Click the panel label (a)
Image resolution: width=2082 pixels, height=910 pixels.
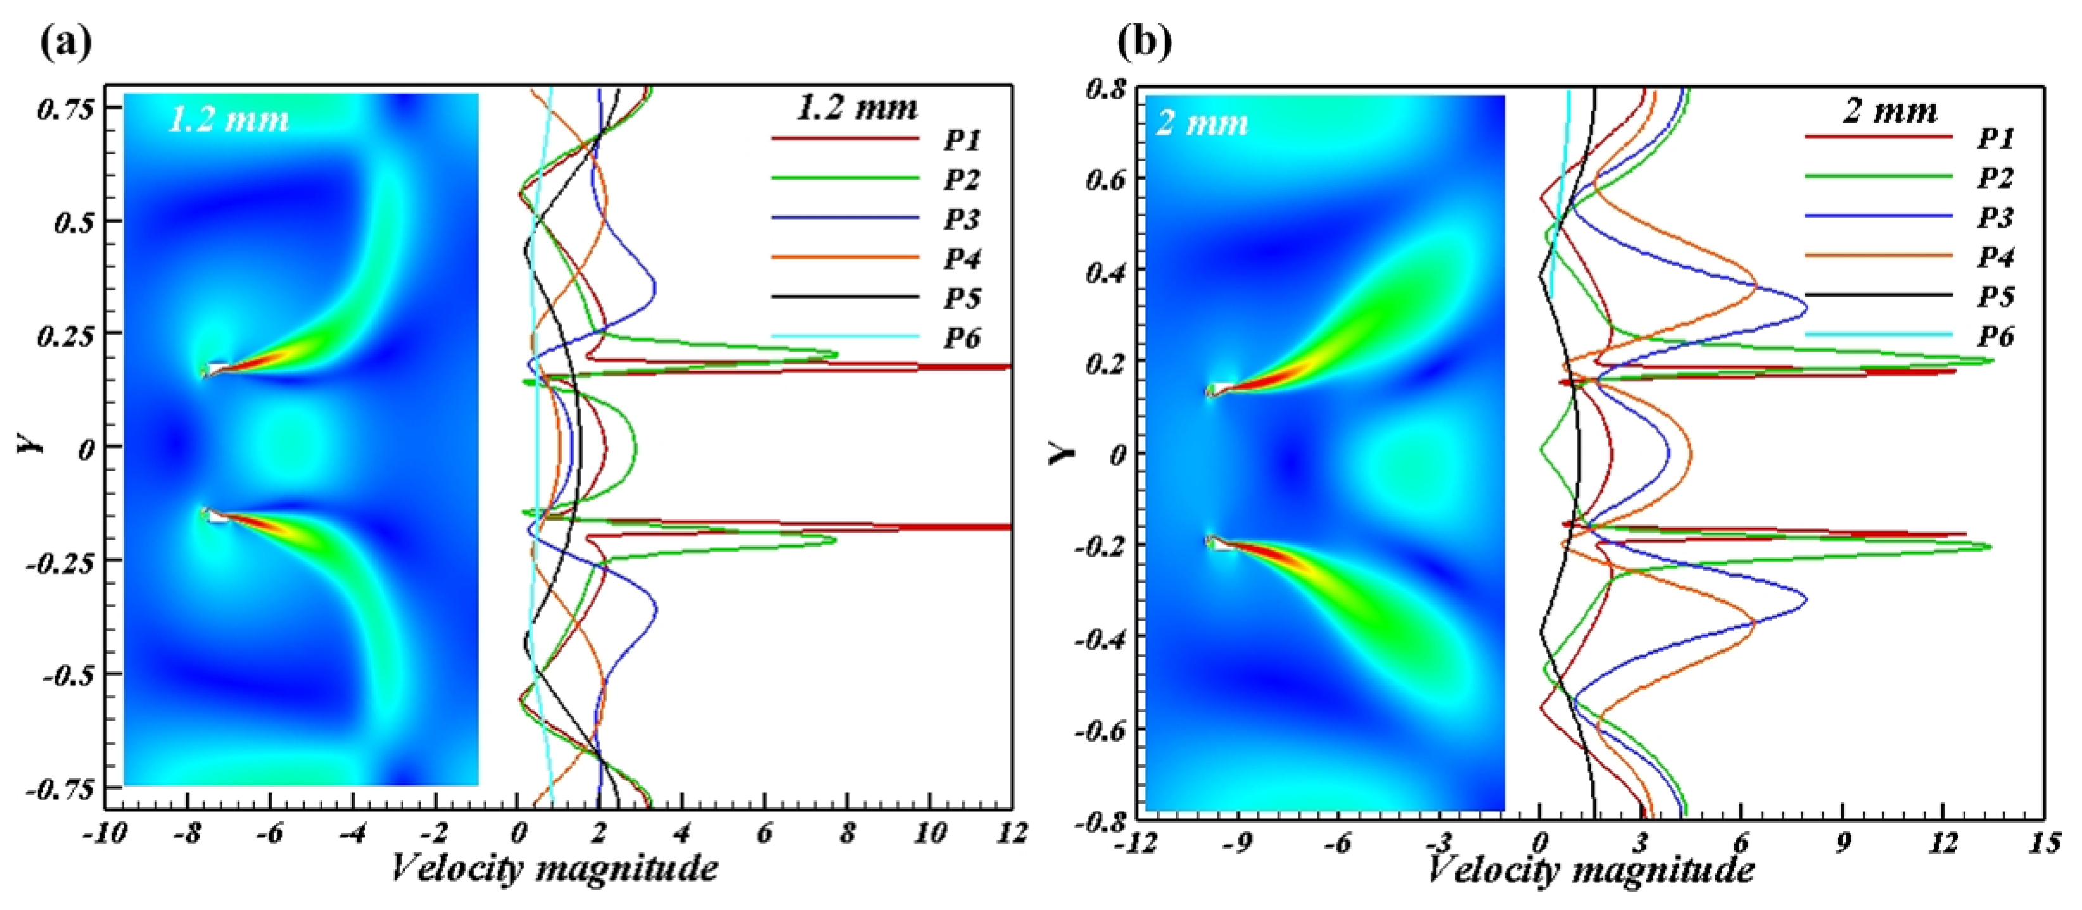pos(67,41)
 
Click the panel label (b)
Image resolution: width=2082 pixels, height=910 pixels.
pos(1144,41)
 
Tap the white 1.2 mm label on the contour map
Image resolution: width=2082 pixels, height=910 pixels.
pos(229,120)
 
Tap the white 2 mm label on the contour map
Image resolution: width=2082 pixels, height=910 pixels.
pos(1202,123)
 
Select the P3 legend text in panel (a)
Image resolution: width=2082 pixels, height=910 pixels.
pos(962,219)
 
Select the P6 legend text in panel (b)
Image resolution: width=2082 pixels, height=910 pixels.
pos(1995,336)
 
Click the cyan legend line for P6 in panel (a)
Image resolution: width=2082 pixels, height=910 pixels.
pos(844,336)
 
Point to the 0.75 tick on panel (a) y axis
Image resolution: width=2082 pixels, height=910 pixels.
pos(67,108)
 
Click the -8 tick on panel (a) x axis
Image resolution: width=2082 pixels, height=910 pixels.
pos(187,832)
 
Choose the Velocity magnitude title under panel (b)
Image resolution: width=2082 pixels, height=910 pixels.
pos(1590,869)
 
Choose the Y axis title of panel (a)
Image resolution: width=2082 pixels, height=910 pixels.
pos(30,443)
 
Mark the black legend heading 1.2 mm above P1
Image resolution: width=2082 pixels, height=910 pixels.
pos(858,108)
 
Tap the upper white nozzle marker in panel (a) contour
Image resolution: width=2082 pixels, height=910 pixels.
pos(217,369)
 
